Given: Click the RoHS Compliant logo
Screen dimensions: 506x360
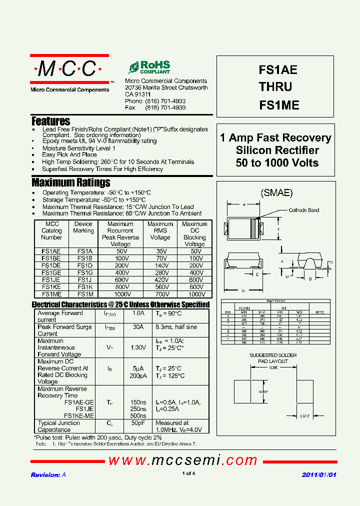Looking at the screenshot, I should click(149, 67).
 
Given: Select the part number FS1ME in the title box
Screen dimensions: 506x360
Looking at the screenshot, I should click(278, 105).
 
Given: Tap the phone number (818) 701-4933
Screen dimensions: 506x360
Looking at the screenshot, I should click(165, 101).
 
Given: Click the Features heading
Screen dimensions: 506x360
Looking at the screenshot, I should click(50, 121).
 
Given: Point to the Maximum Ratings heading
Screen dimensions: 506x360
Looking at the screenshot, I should click(70, 182).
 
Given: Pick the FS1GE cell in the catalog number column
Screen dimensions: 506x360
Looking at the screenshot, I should click(51, 273).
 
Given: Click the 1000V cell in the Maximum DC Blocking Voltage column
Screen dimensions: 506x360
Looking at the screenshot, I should click(194, 294).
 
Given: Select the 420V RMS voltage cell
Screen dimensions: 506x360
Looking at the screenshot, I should click(160, 280).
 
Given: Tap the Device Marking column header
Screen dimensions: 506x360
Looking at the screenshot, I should click(83, 227).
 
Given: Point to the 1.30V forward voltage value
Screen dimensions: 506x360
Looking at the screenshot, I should click(138, 347).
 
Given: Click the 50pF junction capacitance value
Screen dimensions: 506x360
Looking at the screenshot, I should click(138, 423).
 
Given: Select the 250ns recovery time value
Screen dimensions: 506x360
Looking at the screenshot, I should click(138, 409).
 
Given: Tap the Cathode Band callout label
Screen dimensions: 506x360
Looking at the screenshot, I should click(304, 210).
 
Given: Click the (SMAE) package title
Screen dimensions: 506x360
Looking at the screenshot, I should click(276, 193).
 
